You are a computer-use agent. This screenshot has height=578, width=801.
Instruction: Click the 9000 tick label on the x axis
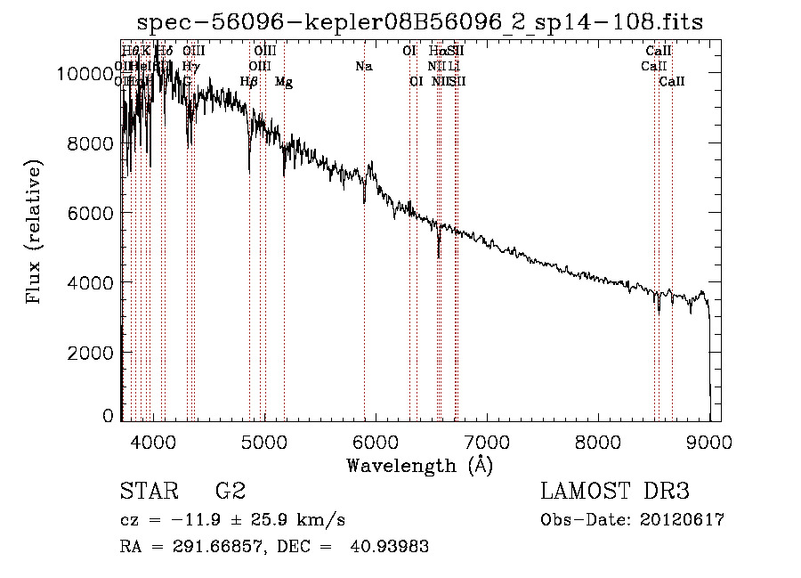point(709,441)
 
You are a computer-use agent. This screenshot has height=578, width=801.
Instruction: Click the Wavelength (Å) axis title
point(419,465)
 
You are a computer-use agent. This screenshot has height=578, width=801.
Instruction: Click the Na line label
point(363,66)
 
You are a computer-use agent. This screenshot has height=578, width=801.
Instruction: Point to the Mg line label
point(283,82)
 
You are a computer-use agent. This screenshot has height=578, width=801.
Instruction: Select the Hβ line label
point(249,82)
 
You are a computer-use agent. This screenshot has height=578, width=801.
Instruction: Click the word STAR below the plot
point(147,492)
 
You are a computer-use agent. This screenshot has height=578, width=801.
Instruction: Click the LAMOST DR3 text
point(614,492)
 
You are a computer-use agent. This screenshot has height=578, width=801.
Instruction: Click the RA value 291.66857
point(192,547)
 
